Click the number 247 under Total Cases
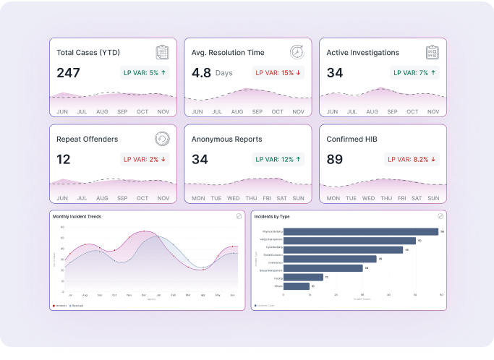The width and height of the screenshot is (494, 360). click(x=69, y=73)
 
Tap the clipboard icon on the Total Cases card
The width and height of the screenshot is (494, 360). click(x=163, y=53)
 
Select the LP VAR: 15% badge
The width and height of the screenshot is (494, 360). click(x=278, y=72)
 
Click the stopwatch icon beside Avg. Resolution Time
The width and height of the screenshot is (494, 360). click(x=297, y=53)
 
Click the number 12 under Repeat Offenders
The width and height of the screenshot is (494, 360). click(x=64, y=159)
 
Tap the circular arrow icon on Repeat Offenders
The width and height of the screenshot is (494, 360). click(x=163, y=139)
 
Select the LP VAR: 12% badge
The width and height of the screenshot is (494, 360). click(x=278, y=159)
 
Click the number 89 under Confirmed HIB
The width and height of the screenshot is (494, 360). click(x=335, y=159)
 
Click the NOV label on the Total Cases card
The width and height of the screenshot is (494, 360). click(x=163, y=111)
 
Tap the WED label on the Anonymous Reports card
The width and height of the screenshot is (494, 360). click(x=234, y=198)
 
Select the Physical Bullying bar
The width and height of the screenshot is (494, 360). click(x=361, y=231)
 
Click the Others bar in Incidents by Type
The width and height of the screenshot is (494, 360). click(x=297, y=286)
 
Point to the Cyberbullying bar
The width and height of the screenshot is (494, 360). click(x=343, y=249)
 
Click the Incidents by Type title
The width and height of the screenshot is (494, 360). click(x=272, y=216)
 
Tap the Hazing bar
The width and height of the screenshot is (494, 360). click(x=303, y=277)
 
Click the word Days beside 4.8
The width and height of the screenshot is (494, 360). click(x=224, y=73)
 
